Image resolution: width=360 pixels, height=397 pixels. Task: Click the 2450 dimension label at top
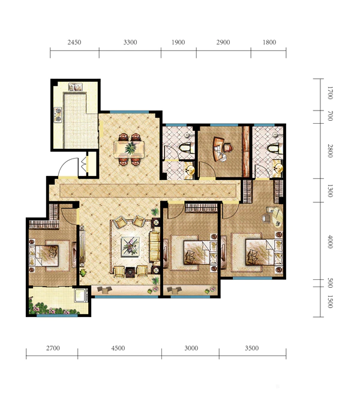[74, 42]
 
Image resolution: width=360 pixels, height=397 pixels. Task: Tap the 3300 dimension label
[130, 42]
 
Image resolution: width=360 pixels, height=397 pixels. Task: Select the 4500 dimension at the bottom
[118, 348]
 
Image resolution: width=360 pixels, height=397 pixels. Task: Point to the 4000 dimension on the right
[330, 241]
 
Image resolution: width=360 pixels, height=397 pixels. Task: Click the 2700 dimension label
[53, 348]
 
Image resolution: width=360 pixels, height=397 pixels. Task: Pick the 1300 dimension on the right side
[330, 191]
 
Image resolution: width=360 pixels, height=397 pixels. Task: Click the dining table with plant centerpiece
[129, 149]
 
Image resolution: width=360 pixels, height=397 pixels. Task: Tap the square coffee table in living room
[130, 247]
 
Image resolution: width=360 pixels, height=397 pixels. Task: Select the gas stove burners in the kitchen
[58, 115]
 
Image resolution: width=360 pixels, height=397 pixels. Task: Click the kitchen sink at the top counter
[76, 87]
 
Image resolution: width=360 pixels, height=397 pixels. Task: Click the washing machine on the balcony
[81, 295]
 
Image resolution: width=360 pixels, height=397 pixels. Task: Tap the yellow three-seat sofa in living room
[154, 246]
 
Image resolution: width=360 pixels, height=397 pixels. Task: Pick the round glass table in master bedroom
[277, 216]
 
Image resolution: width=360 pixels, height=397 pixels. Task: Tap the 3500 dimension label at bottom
[252, 348]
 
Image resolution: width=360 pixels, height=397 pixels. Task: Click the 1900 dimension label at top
[178, 42]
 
